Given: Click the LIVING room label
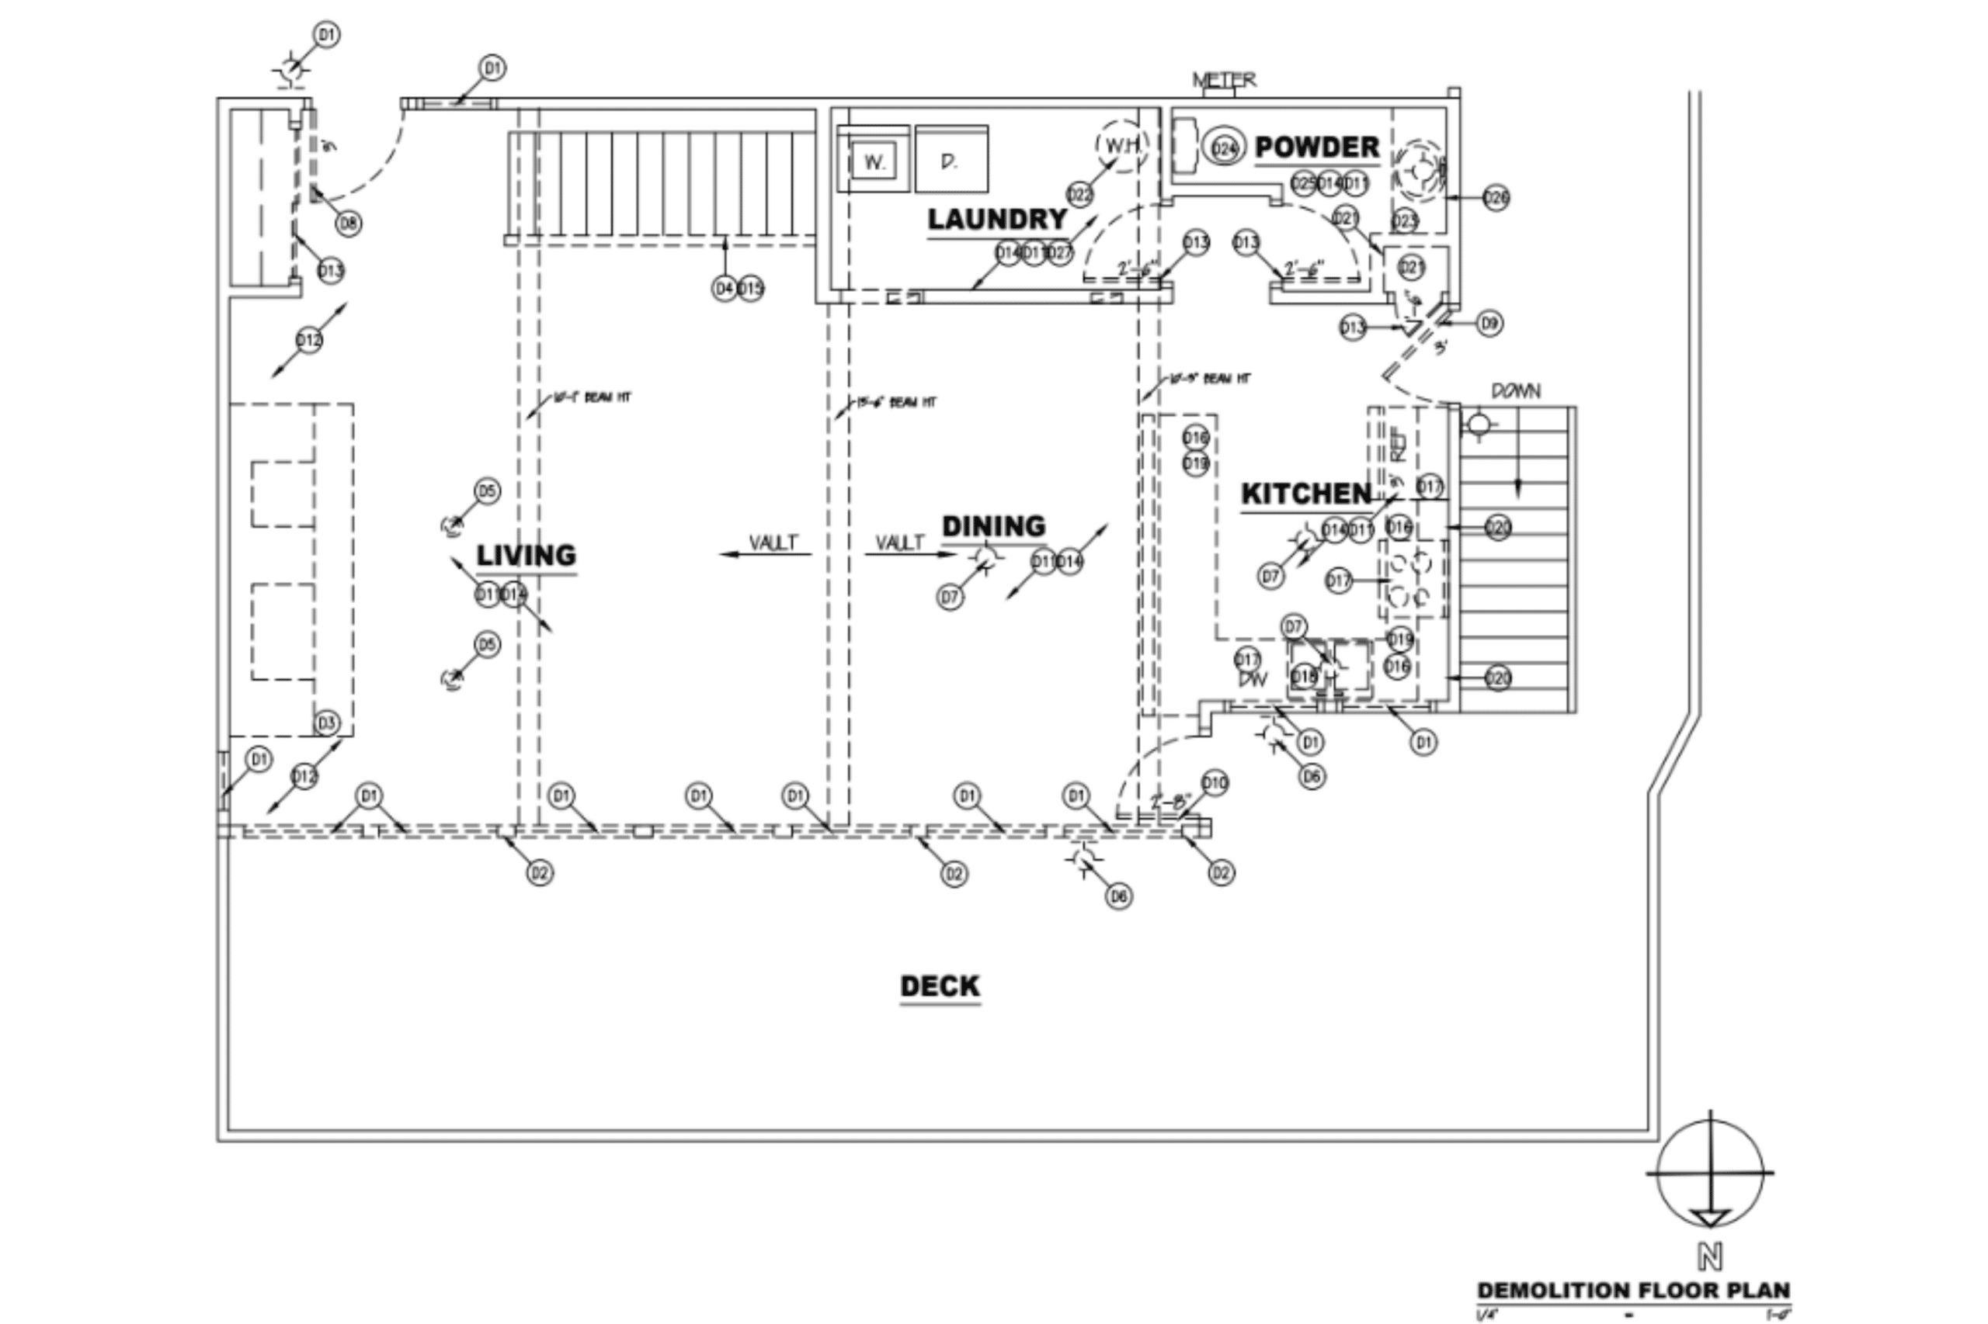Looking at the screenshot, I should [527, 556].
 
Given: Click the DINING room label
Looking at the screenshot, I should [993, 527].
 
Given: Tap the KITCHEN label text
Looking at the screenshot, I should [1306, 494].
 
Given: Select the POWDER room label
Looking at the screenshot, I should [1317, 147].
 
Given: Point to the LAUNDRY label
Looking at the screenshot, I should [998, 220].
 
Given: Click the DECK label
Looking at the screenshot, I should [940, 986].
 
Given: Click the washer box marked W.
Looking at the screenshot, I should [874, 161].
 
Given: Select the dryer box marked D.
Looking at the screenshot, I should [951, 161].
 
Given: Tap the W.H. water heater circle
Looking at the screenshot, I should [1122, 146].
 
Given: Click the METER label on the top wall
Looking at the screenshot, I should [1223, 80].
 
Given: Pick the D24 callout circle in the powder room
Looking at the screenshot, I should [1223, 150].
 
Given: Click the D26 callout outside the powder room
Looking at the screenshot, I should [1496, 199].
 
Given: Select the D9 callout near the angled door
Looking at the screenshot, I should [1489, 324].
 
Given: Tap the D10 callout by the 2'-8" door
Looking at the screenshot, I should [1214, 783].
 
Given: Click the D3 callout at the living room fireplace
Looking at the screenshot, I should [326, 723].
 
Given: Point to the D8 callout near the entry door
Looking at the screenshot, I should [348, 224].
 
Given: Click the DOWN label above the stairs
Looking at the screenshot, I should [1516, 392].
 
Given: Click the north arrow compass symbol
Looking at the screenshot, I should [1710, 1173].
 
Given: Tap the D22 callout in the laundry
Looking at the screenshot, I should [1079, 195].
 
